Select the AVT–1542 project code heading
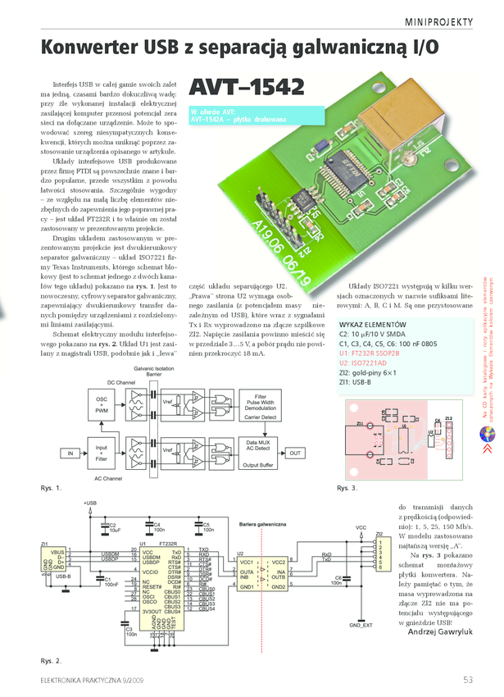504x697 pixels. point(247,86)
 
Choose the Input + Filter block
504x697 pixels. point(102,453)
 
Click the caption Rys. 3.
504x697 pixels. point(347,489)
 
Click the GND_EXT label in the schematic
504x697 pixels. point(361,625)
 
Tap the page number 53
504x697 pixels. point(468,679)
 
